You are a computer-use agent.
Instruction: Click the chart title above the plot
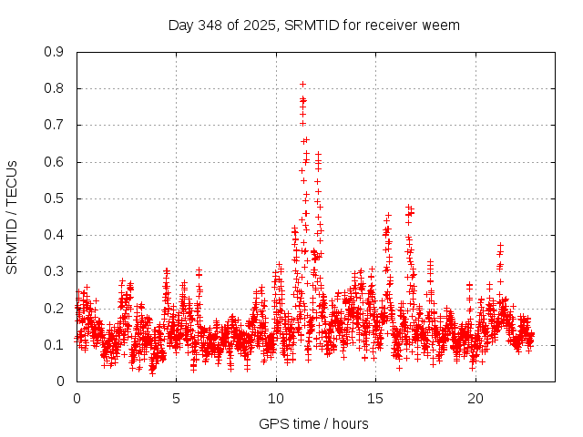point(314,25)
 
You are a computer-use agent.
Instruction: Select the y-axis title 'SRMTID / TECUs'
point(12,217)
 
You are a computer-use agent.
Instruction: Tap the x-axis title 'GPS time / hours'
point(313,423)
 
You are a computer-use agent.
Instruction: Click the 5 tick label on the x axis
point(177,398)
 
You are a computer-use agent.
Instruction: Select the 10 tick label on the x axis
point(276,398)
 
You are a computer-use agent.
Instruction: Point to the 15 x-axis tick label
point(376,398)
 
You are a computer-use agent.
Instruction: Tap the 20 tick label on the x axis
point(476,398)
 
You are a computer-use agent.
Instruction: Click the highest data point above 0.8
point(302,84)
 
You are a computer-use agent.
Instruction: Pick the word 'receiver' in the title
point(391,25)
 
